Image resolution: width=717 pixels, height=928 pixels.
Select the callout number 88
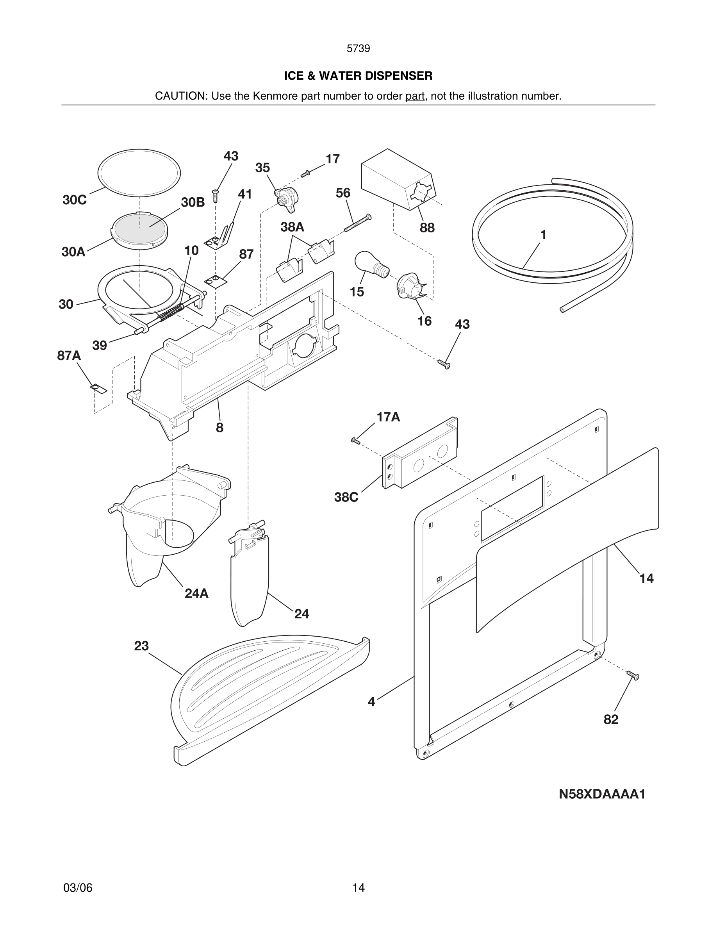[x=427, y=228]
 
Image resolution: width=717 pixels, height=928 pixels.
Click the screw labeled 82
[x=633, y=675]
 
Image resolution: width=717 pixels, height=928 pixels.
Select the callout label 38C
[x=346, y=497]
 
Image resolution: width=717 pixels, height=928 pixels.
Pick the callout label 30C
[x=74, y=200]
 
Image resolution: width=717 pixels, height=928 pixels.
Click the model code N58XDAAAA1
[x=602, y=794]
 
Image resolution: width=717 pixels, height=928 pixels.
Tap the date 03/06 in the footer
[x=78, y=888]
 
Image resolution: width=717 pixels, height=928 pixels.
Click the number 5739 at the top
[x=358, y=48]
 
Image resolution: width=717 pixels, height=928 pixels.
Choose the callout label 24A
[x=196, y=594]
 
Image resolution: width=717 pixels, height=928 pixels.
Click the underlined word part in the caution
[x=415, y=96]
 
